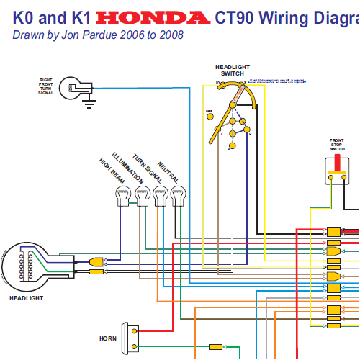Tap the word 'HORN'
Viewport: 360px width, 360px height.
(x=108, y=338)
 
